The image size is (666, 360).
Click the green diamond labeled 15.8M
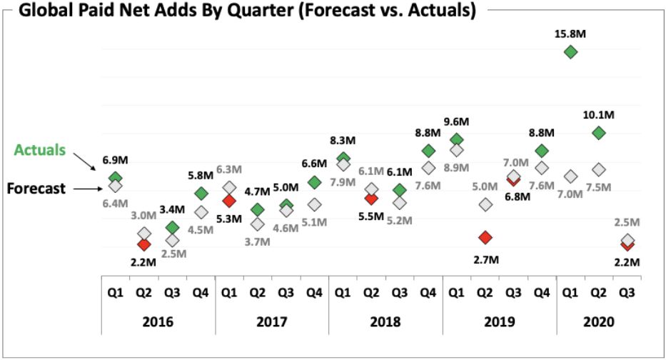coord(570,52)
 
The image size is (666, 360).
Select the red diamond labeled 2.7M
coord(485,237)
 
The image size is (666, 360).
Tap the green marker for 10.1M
coord(599,133)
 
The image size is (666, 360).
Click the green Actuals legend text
coord(40,150)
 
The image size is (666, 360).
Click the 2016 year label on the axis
coord(158,322)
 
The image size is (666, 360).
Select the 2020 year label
coord(599,322)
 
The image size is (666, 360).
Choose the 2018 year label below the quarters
coord(386,322)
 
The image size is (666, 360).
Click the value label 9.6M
coord(457,121)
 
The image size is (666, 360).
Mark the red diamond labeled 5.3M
coord(229,200)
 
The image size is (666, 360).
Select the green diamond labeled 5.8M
coord(201,194)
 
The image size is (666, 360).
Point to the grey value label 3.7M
coord(257,241)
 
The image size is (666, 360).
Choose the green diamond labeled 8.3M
coord(343,158)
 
